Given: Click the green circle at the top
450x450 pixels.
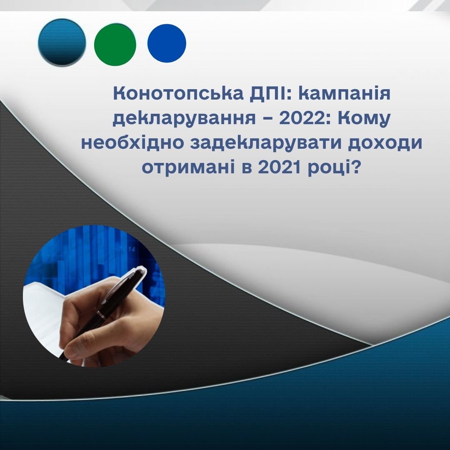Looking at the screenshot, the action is tap(115, 45).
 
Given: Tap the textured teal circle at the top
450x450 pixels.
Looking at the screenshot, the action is tap(62, 43).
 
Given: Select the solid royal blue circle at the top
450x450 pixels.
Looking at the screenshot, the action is tap(167, 43).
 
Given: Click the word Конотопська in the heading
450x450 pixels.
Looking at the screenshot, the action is tap(178, 94).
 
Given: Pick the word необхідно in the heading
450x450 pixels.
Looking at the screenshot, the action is tap(132, 142).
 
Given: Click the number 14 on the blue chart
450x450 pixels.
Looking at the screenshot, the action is tap(131, 250).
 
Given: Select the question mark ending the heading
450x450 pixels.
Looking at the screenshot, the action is tap(355, 167).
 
